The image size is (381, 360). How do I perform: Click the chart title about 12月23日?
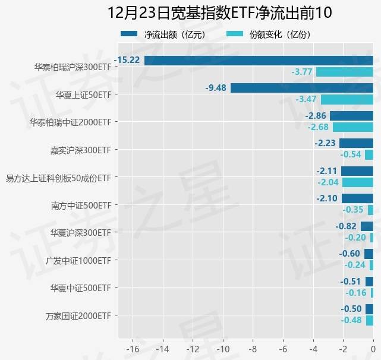click(219, 13)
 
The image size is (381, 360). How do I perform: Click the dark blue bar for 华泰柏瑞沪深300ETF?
click(259, 60)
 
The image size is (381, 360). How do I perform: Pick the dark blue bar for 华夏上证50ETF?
click(301, 88)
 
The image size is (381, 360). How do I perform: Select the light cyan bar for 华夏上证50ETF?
click(347, 99)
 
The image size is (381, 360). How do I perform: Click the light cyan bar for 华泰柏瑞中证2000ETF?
click(352, 127)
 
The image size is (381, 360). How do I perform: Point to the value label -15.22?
click(127, 60)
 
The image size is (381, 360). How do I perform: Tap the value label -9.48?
click(216, 88)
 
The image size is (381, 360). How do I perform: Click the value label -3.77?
click(302, 72)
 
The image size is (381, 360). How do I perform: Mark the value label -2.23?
click(325, 143)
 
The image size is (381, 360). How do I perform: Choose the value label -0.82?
click(346, 226)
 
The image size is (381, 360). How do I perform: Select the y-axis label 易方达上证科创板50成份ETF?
click(58, 178)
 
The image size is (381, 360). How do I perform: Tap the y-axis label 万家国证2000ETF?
click(78, 315)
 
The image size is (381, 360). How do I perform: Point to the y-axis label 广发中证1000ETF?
click(78, 260)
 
